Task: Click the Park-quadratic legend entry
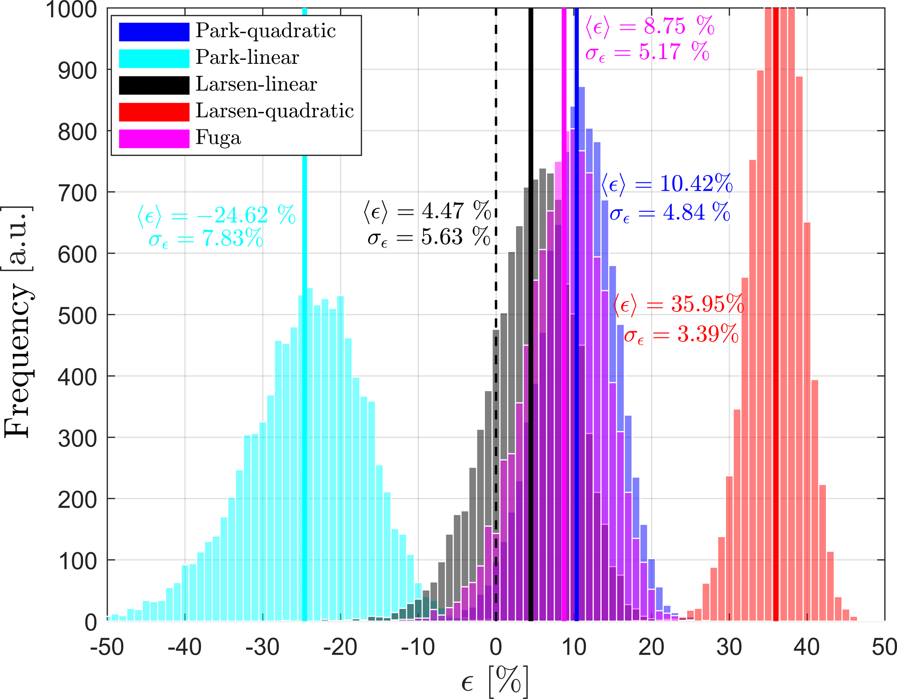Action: tap(265, 31)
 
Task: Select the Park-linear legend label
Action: tap(247, 57)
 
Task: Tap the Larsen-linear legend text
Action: tap(256, 84)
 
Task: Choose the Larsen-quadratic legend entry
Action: tap(274, 111)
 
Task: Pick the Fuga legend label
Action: tap(218, 138)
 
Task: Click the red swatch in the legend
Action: tap(154, 112)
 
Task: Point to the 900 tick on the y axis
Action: tap(78, 70)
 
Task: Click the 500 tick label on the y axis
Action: tap(78, 316)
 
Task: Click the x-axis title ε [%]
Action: tap(495, 681)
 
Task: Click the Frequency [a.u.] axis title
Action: tap(17, 321)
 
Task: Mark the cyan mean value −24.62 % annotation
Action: tap(217, 215)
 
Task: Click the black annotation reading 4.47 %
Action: tap(427, 211)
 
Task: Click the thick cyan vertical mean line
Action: tap(305, 434)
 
